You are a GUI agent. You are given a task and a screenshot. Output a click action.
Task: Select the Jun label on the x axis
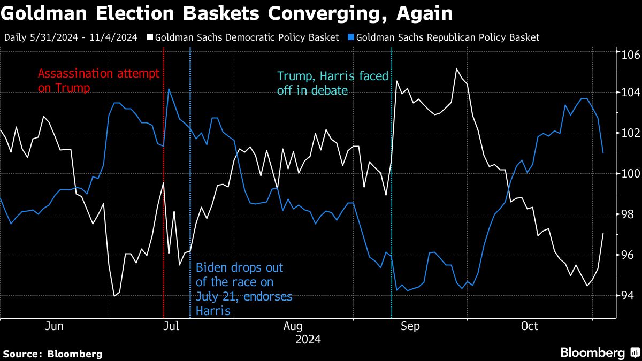55,326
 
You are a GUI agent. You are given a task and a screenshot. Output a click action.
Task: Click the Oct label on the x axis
530,326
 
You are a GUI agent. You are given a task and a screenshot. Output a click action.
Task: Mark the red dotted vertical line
163,214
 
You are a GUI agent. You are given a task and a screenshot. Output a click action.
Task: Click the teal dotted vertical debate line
392,214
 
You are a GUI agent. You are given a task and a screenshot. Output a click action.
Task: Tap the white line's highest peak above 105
456,68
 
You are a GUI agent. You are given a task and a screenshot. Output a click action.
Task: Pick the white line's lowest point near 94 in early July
114,295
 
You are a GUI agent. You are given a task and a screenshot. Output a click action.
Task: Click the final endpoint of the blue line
603,153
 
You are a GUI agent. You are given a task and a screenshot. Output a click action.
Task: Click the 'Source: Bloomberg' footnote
52,354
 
